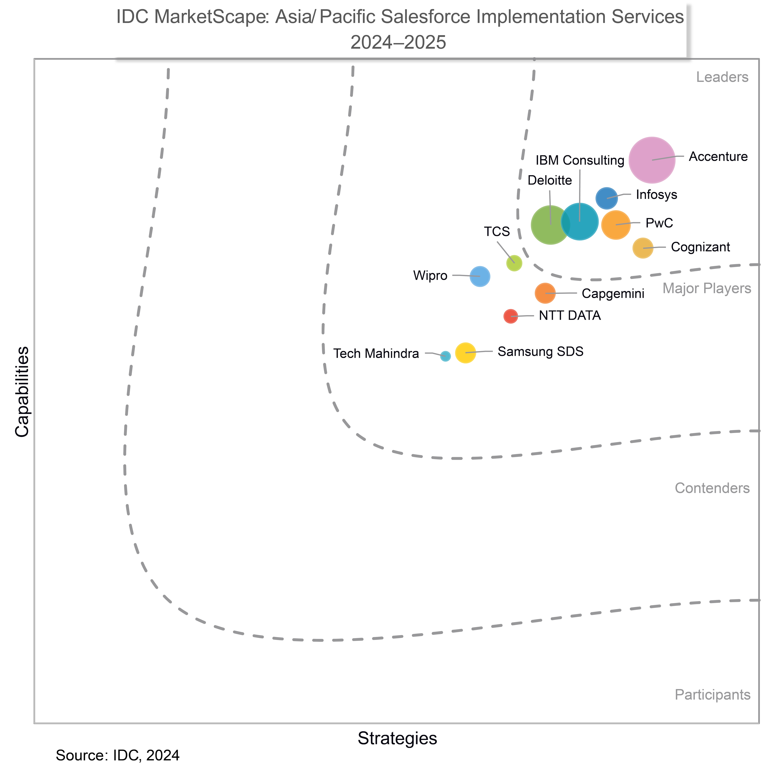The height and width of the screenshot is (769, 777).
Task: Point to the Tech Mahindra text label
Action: [376, 354]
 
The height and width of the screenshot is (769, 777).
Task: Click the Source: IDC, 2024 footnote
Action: [117, 755]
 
